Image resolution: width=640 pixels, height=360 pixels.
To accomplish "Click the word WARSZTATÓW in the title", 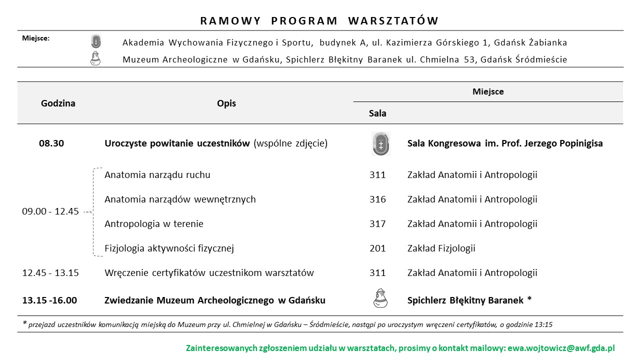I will pyautogui.click(x=393, y=21).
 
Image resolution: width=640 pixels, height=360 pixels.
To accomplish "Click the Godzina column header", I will pyautogui.click(x=58, y=103).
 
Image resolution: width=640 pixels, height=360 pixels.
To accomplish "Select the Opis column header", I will pyautogui.click(x=226, y=103).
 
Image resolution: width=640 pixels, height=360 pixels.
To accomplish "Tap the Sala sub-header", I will pyautogui.click(x=377, y=113).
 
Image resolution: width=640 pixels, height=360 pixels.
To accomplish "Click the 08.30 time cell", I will pyautogui.click(x=51, y=143).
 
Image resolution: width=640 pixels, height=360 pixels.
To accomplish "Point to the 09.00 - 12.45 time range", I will pyautogui.click(x=50, y=211).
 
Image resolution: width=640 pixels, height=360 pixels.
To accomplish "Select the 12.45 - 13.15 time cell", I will pyautogui.click(x=50, y=273).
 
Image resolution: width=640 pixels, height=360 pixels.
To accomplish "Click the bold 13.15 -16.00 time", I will pyautogui.click(x=49, y=300).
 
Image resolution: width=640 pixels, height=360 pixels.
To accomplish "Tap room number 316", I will pyautogui.click(x=377, y=199).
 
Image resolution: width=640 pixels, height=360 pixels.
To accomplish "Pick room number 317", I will pyautogui.click(x=377, y=224).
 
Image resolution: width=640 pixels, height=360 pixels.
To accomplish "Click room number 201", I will pyautogui.click(x=377, y=248).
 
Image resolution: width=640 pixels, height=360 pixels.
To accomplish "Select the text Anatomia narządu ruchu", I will pyautogui.click(x=157, y=175).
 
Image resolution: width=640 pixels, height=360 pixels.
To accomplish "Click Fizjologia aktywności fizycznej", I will pyautogui.click(x=169, y=248).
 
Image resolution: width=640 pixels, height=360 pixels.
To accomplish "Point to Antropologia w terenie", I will pyautogui.click(x=154, y=224).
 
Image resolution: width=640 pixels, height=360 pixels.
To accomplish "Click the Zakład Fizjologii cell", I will pyautogui.click(x=441, y=248).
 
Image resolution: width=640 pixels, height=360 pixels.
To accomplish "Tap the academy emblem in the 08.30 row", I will pyautogui.click(x=380, y=144).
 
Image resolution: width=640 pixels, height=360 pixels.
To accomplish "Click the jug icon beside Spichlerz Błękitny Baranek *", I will pyautogui.click(x=380, y=298).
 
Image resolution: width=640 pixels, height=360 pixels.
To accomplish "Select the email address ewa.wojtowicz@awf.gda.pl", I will pyautogui.click(x=561, y=348).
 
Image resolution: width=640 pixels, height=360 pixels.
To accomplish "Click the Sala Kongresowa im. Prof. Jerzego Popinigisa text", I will pyautogui.click(x=505, y=143).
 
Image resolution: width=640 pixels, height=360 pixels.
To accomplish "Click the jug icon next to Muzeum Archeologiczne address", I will pyautogui.click(x=95, y=58).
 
